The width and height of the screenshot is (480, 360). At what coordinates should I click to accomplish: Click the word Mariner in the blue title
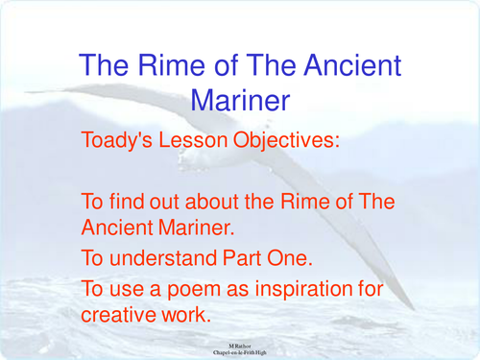click(x=240, y=100)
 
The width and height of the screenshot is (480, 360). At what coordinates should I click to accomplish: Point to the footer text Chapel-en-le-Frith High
click(x=240, y=352)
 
